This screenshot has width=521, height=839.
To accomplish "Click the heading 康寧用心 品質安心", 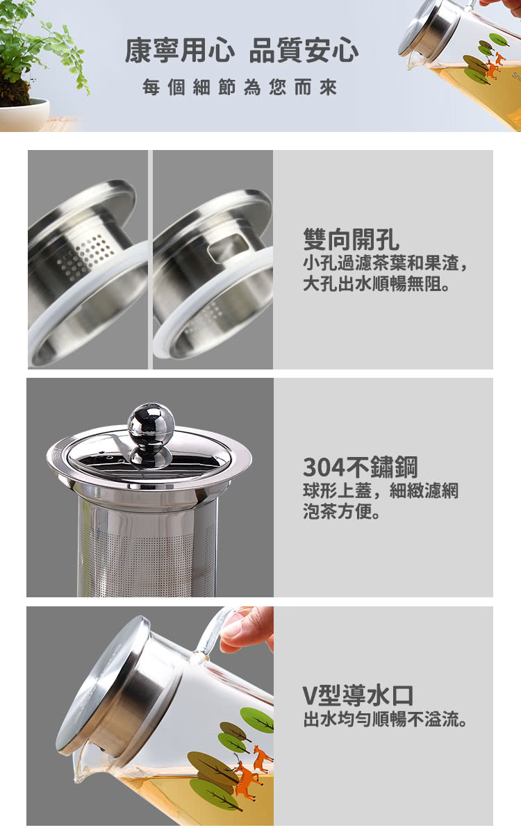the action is tap(242, 50).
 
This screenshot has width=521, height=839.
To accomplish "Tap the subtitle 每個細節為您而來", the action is tap(240, 88).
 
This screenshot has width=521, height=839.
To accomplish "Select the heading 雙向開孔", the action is tap(352, 240).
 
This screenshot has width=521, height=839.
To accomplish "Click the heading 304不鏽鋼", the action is tap(360, 467).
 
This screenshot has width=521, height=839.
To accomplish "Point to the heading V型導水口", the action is tap(358, 695).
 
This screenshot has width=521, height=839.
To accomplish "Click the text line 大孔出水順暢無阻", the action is tap(376, 284).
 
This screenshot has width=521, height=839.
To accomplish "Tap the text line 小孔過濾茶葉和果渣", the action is tap(385, 263).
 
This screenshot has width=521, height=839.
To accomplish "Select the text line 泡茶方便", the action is tap(342, 512).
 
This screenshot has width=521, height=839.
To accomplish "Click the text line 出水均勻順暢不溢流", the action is tap(385, 719).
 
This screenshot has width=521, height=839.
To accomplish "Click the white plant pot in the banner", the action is tap(25, 114).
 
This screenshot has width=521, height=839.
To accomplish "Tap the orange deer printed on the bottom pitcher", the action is tap(247, 774).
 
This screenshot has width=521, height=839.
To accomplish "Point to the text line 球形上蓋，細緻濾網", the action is tap(381, 490).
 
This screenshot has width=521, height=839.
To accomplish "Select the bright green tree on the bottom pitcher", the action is tap(257, 720).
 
